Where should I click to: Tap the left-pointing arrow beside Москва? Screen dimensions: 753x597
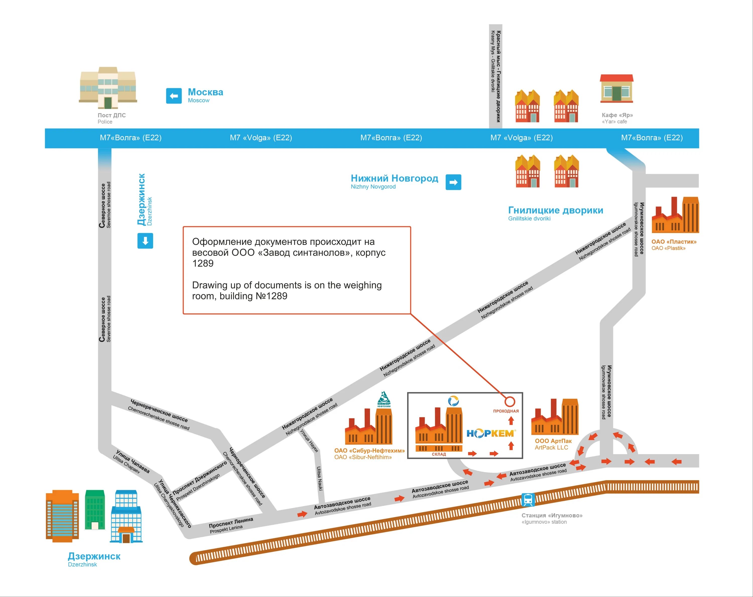point(174,96)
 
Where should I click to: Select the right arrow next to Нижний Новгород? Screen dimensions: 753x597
point(453,182)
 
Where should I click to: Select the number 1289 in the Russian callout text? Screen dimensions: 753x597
point(203,263)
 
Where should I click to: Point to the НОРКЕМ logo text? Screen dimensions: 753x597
point(491,434)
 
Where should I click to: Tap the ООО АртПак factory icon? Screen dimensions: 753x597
point(555,417)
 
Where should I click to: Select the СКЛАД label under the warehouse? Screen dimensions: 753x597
point(439,454)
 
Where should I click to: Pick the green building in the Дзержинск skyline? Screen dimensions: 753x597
point(95,510)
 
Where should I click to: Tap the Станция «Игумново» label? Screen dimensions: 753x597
point(552,515)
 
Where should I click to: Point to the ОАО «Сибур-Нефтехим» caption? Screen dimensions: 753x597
point(369,450)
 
